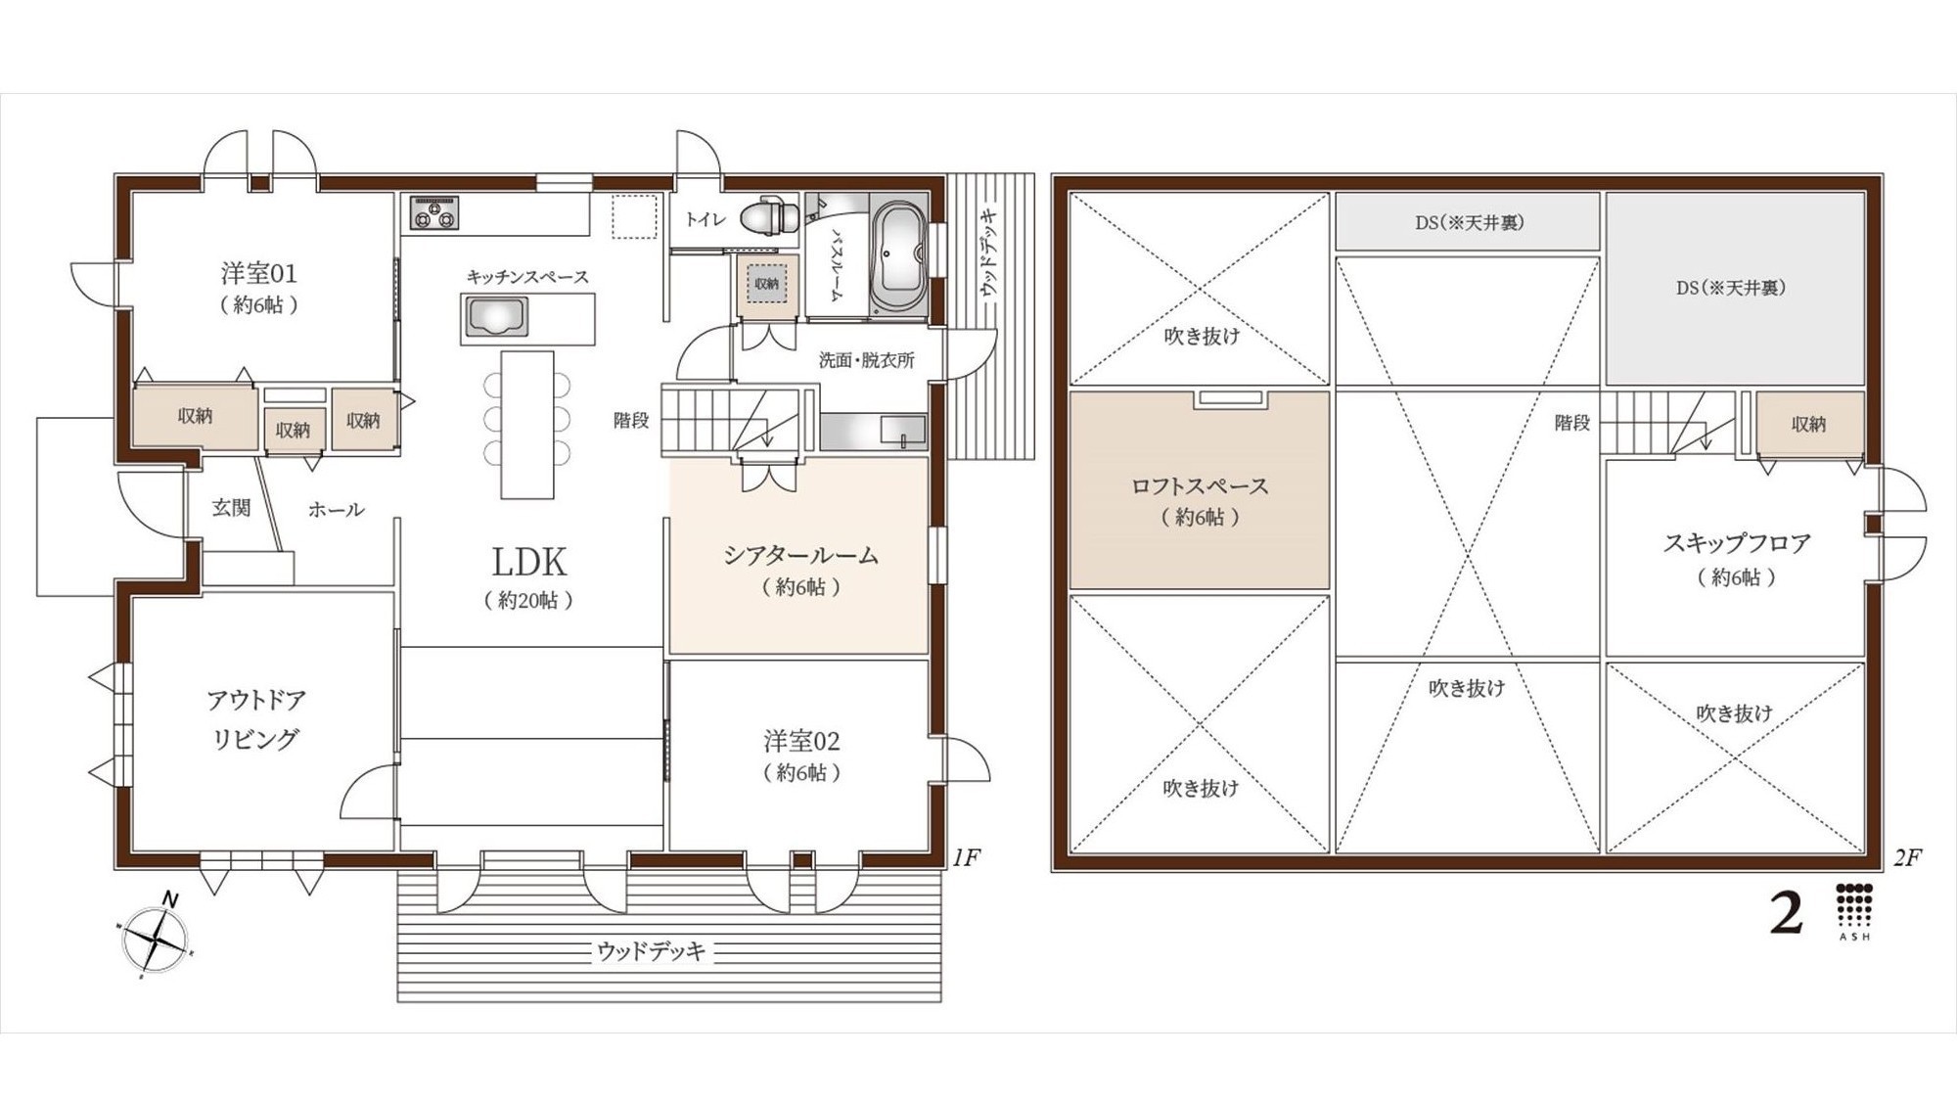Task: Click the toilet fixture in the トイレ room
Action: pyautogui.click(x=769, y=216)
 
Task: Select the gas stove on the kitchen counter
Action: pyautogui.click(x=434, y=212)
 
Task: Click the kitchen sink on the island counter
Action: pyautogui.click(x=498, y=319)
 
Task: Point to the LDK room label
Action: pyautogui.click(x=529, y=563)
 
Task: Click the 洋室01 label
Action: pyautogui.click(x=258, y=273)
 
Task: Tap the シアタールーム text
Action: pyautogui.click(x=800, y=556)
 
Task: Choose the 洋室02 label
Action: pyautogui.click(x=801, y=741)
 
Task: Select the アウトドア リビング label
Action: pyautogui.click(x=255, y=719)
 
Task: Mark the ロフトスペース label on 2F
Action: pyautogui.click(x=1200, y=485)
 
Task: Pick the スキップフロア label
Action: pyautogui.click(x=1736, y=543)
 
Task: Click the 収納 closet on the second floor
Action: pyautogui.click(x=1809, y=424)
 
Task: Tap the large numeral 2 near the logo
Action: pyautogui.click(x=1787, y=914)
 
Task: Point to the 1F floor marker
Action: pyautogui.click(x=966, y=858)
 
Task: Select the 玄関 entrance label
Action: pyautogui.click(x=232, y=507)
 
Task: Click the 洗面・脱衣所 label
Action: pyautogui.click(x=866, y=360)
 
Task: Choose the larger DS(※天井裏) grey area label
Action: pyautogui.click(x=1730, y=288)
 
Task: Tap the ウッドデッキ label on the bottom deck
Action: pyautogui.click(x=652, y=950)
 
